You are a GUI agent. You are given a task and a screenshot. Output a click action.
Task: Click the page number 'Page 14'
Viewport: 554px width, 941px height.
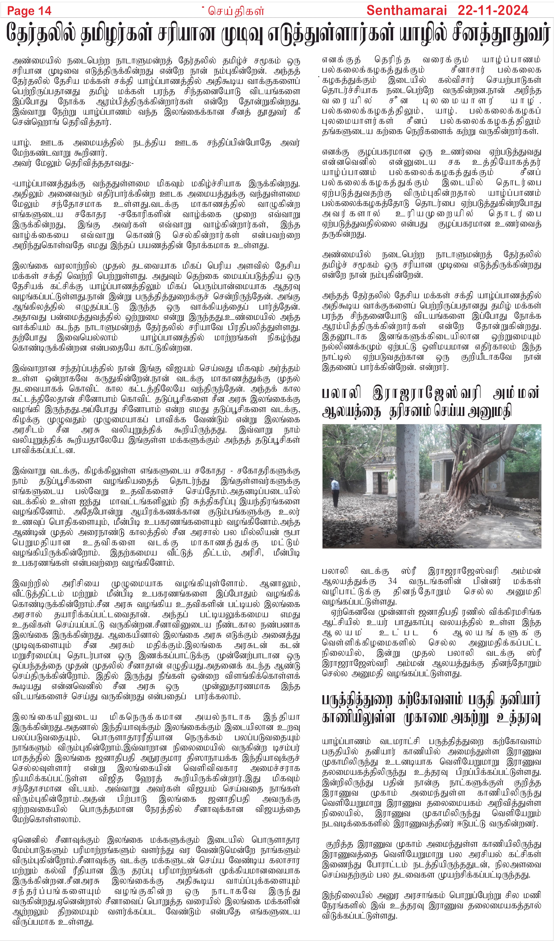(29, 11)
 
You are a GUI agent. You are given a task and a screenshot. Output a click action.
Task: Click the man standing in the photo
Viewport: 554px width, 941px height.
(335, 490)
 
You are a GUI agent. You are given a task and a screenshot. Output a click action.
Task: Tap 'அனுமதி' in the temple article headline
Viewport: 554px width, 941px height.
(490, 412)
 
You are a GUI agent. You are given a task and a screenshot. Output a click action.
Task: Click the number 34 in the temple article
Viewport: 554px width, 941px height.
(392, 581)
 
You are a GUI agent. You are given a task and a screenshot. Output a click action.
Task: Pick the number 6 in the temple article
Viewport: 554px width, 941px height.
(435, 633)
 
